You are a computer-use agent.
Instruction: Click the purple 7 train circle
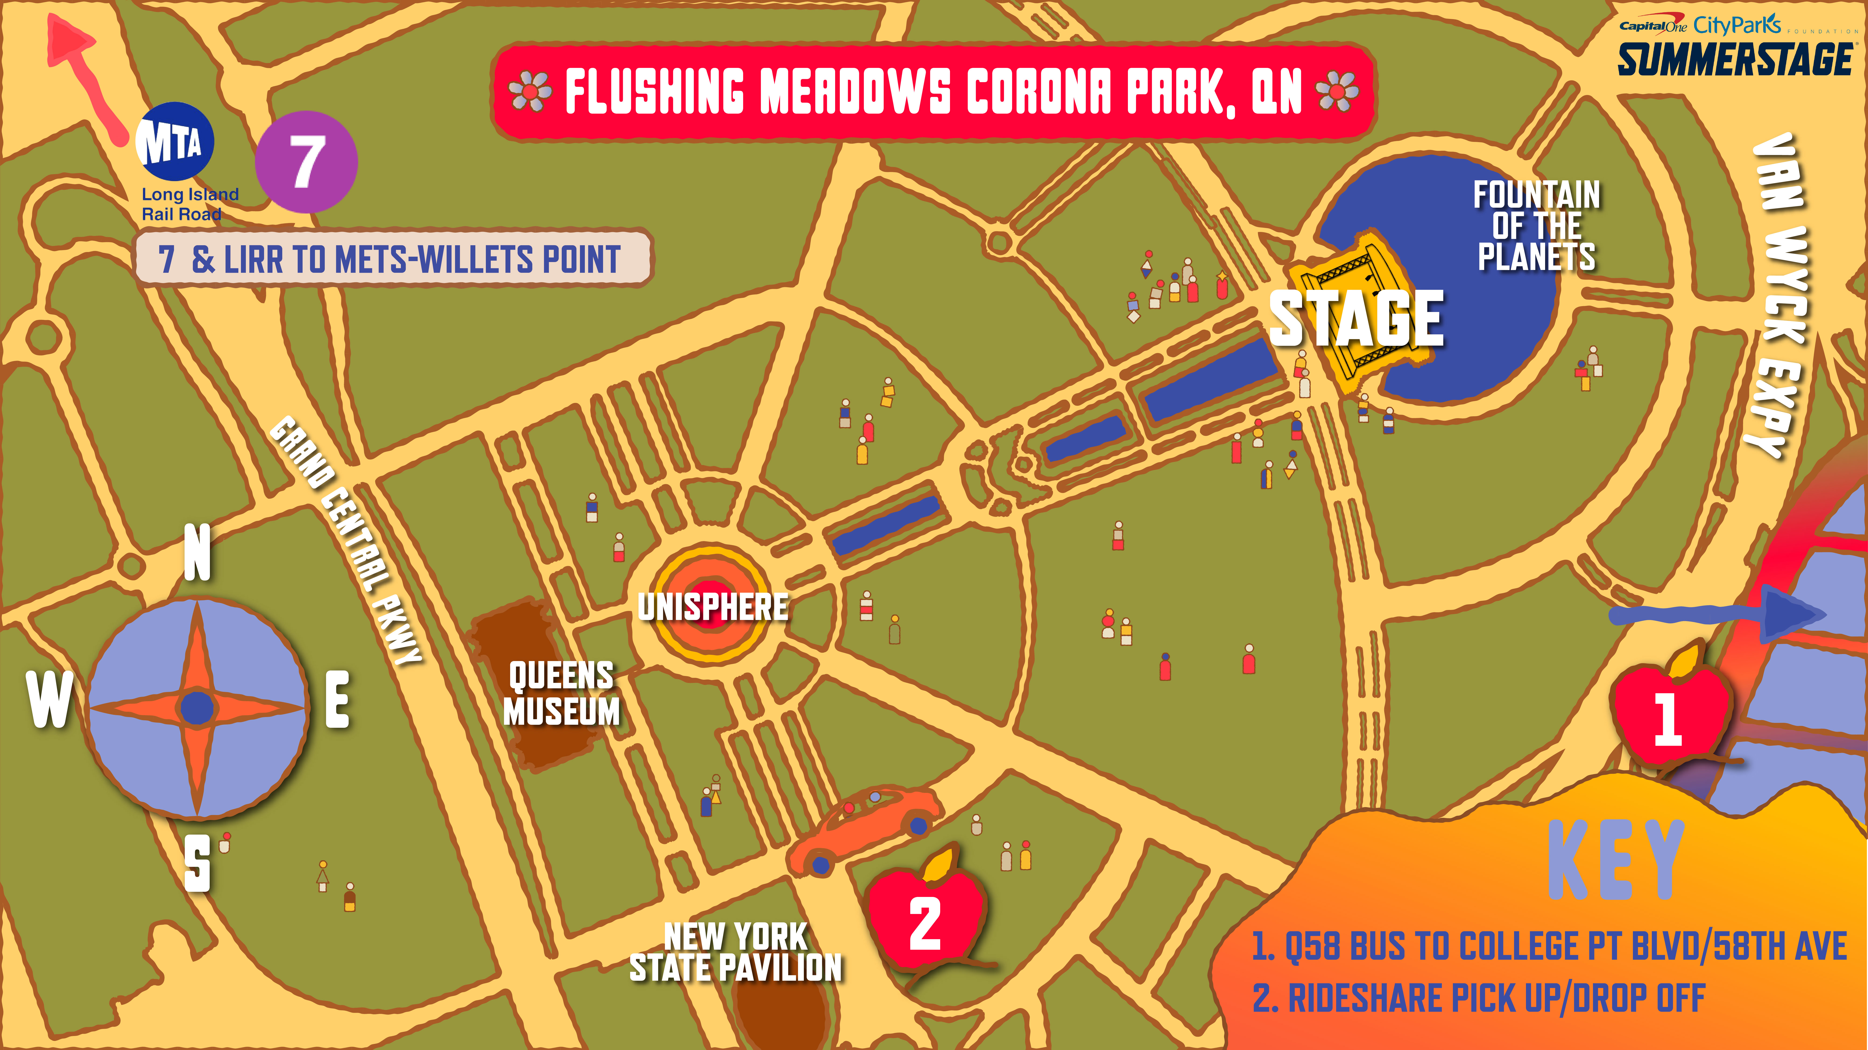pos(306,162)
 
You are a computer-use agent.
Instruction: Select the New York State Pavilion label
pos(735,952)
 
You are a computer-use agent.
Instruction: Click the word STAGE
pos(1356,319)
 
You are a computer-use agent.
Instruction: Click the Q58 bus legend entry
pos(1548,946)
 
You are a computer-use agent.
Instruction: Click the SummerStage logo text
pos(1735,59)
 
